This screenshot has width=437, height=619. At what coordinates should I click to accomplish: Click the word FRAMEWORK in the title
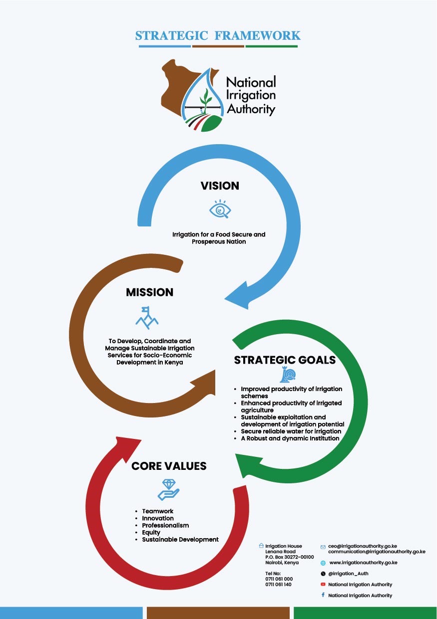click(x=257, y=35)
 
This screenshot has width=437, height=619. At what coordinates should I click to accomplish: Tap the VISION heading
click(x=220, y=186)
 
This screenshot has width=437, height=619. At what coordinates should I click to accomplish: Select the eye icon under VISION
click(x=220, y=209)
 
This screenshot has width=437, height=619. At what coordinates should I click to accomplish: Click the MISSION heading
click(x=150, y=292)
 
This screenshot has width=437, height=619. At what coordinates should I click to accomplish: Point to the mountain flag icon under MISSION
click(x=147, y=318)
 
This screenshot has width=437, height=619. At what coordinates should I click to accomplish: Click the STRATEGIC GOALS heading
click(x=285, y=360)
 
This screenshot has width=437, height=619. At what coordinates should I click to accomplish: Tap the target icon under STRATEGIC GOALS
click(x=288, y=375)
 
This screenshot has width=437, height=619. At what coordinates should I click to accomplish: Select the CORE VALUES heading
click(x=169, y=466)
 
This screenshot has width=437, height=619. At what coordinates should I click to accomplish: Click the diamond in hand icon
click(x=168, y=489)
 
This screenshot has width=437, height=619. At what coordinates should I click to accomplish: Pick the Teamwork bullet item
click(x=157, y=511)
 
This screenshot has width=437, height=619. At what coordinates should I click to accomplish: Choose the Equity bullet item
click(x=151, y=533)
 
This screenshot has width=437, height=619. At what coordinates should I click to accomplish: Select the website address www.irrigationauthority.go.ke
click(x=363, y=563)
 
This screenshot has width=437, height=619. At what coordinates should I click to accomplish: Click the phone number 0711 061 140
click(x=278, y=585)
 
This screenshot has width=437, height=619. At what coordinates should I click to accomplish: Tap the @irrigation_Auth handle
click(x=348, y=574)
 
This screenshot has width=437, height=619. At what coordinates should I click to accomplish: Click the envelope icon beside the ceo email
click(x=323, y=547)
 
